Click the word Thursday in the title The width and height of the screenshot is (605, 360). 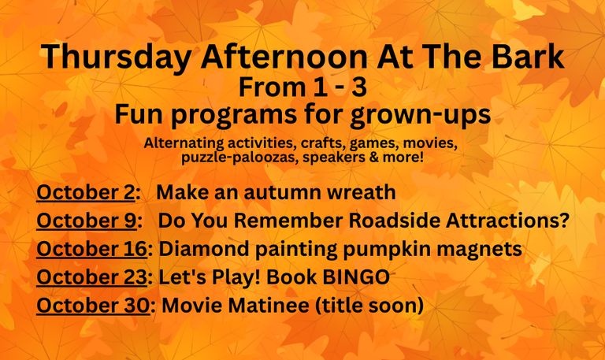(x=116, y=58)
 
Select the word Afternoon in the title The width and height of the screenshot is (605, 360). (x=284, y=57)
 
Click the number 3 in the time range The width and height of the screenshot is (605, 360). (x=359, y=87)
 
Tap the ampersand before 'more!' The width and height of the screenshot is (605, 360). (x=373, y=157)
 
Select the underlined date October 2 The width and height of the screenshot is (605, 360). (x=86, y=191)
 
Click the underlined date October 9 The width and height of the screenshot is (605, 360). (x=87, y=221)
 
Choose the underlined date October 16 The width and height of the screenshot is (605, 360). (x=92, y=248)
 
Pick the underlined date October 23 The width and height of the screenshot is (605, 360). (x=92, y=276)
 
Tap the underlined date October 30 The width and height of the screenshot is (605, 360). (x=93, y=305)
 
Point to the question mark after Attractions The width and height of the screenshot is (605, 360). (x=565, y=221)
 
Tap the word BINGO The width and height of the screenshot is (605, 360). (x=356, y=276)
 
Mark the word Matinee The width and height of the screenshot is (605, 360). (x=269, y=305)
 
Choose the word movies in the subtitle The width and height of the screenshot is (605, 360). (x=430, y=143)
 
